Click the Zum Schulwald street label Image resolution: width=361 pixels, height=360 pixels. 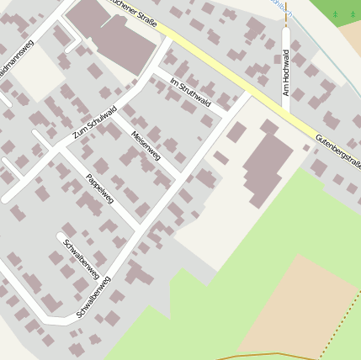93,122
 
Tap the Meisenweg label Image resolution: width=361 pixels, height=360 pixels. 146,146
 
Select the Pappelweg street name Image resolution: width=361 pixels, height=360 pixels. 100,188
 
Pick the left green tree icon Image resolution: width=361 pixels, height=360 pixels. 334,14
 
